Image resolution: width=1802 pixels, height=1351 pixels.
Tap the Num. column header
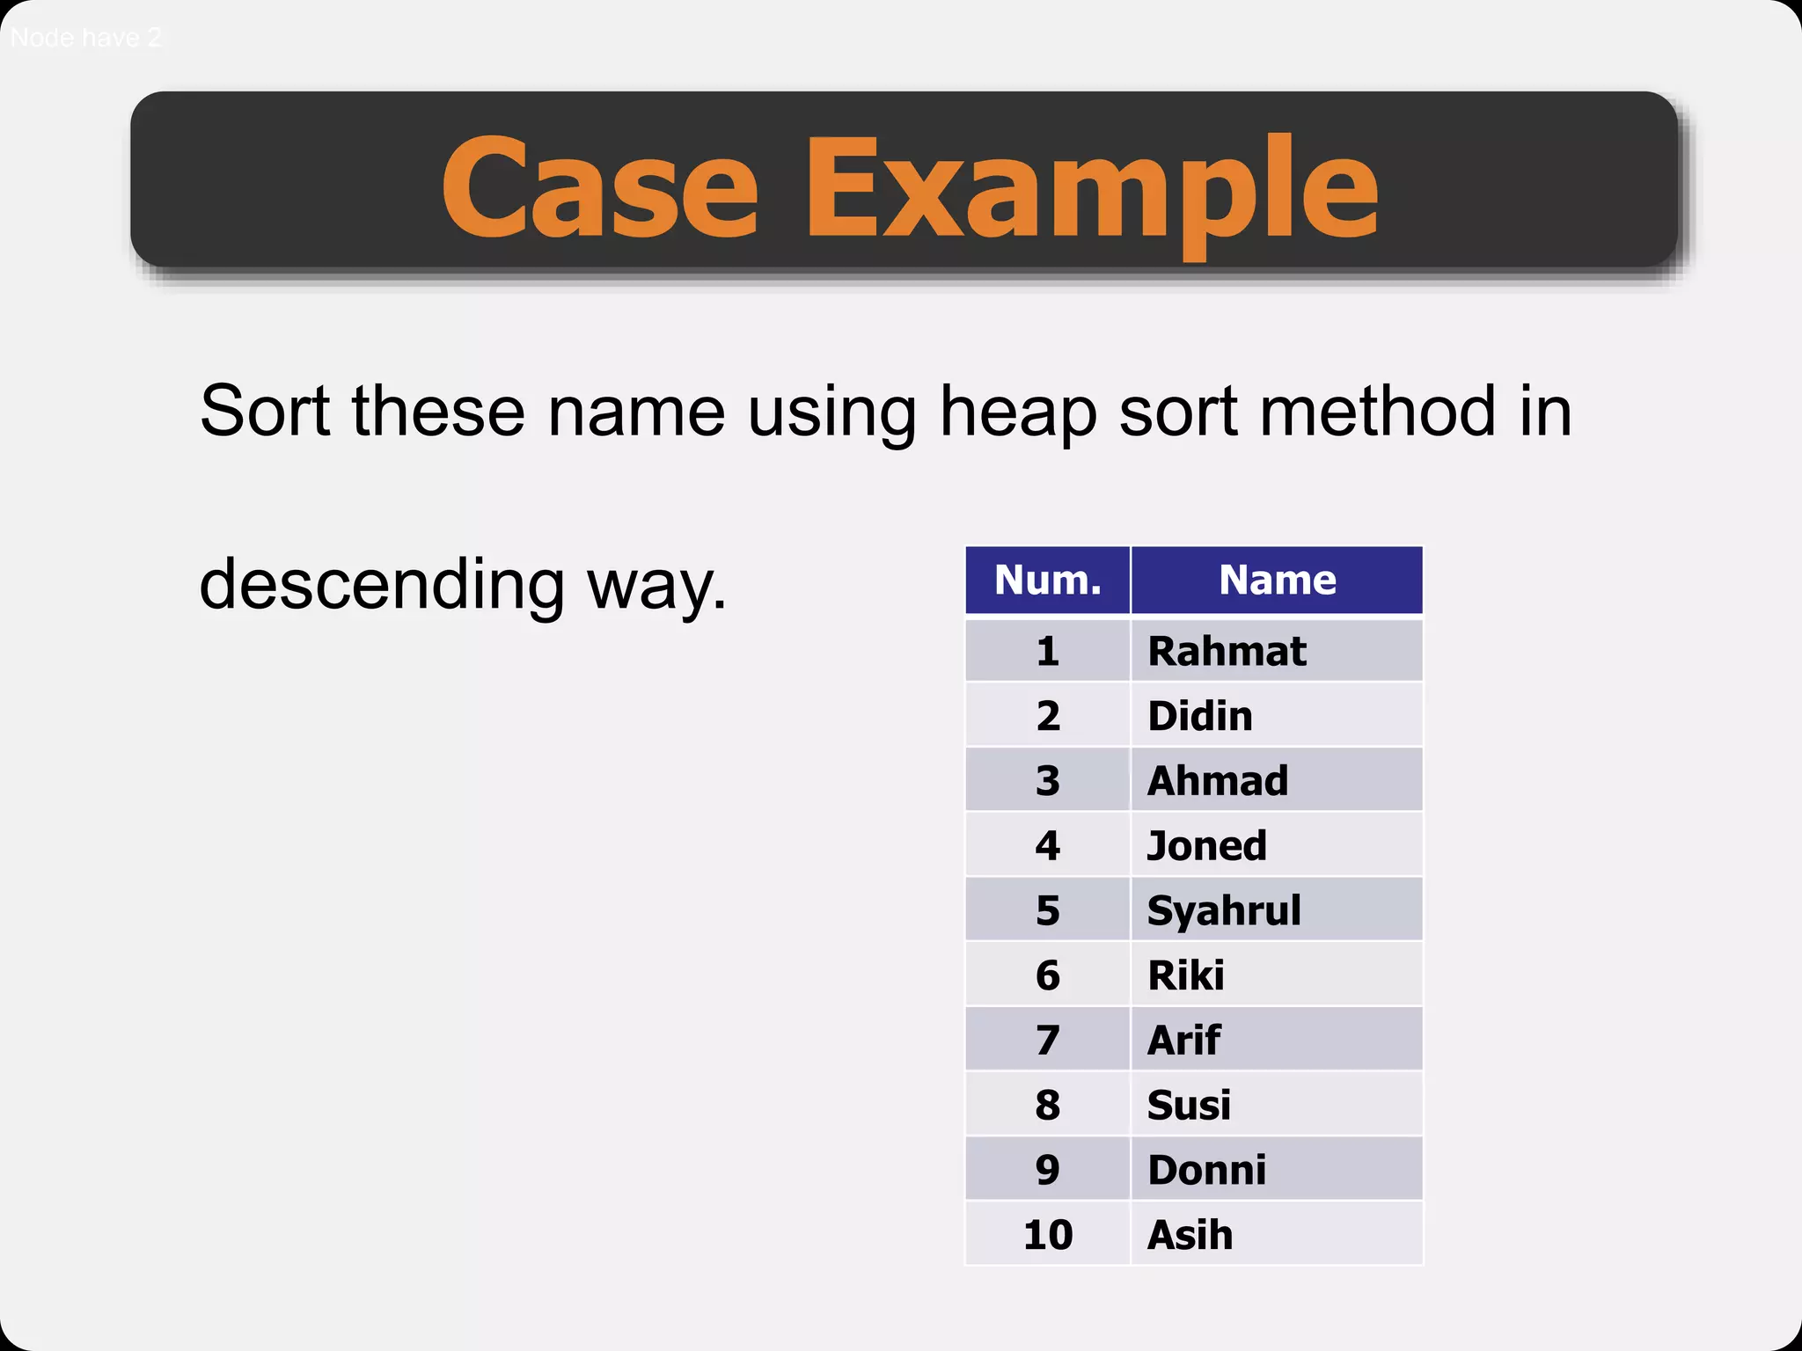(1047, 580)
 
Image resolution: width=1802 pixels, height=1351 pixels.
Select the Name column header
(1277, 580)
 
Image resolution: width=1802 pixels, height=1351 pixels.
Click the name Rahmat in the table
(1227, 652)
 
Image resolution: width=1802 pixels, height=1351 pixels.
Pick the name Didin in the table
(1199, 716)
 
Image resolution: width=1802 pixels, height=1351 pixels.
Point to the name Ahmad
(1218, 781)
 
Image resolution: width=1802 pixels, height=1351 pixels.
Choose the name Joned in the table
(1206, 846)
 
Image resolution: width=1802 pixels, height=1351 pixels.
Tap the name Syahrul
(1224, 910)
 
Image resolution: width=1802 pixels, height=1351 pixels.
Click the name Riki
(1185, 975)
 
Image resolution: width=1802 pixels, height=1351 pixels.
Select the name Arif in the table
(1183, 1041)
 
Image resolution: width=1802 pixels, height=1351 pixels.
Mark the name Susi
(1189, 1106)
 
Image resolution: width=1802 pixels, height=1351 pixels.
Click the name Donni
(1206, 1170)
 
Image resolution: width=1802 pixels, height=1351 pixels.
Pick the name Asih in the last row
(1190, 1235)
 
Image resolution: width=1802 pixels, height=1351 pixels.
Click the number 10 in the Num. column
(1047, 1235)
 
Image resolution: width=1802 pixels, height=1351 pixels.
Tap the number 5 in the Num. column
(1047, 910)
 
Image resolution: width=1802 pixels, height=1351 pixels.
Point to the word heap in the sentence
(1018, 412)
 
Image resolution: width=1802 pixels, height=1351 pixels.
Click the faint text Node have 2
(85, 38)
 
